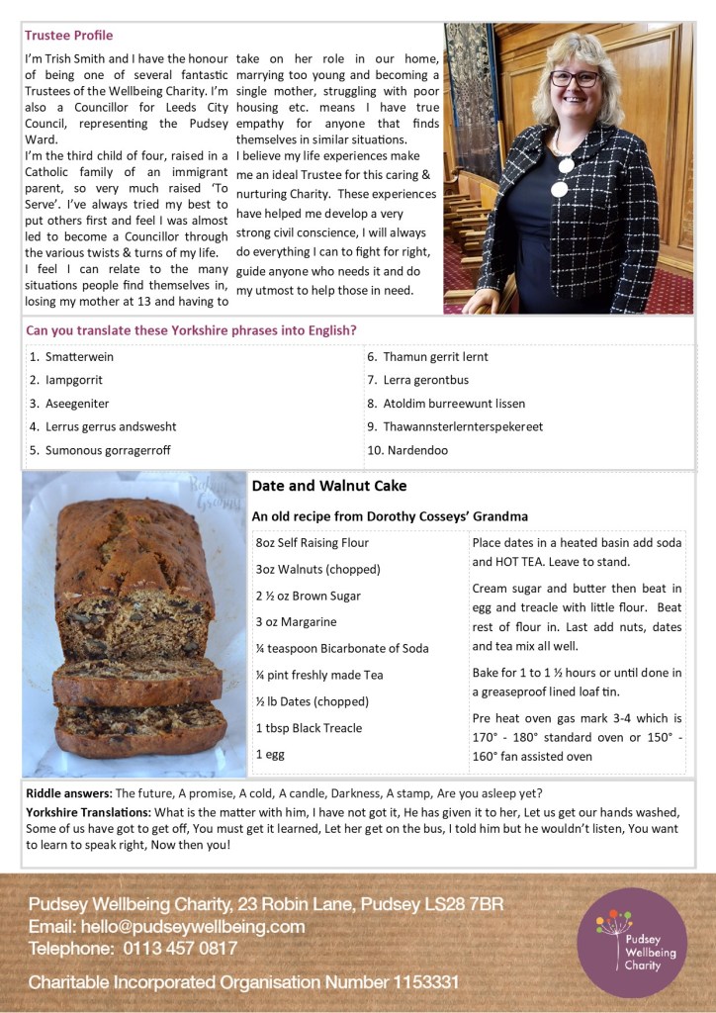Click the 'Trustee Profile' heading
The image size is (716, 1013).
pos(69,36)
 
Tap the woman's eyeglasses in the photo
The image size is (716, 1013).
pos(575,78)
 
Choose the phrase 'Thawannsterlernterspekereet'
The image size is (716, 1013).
pos(463,426)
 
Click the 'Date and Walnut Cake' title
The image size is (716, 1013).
pos(328,487)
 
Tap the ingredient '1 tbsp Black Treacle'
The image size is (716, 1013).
pos(309,728)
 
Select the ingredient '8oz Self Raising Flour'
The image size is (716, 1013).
pos(312,543)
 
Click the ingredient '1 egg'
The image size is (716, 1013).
pos(269,754)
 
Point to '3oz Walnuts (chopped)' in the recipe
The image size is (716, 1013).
pos(317,570)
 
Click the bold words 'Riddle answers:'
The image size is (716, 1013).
pos(69,793)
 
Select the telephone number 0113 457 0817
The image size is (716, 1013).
pos(181,949)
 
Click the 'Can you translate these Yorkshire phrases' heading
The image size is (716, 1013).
pos(191,330)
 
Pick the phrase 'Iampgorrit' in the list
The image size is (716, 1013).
pos(73,380)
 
